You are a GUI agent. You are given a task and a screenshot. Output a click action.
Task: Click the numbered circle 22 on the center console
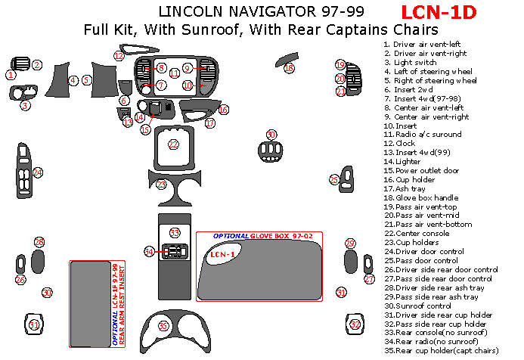tap(173, 144)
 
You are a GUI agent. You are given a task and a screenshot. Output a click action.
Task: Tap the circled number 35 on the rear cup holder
tap(163, 325)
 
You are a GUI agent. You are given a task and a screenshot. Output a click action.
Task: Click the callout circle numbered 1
tap(11, 75)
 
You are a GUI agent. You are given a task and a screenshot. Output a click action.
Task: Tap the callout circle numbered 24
tap(37, 172)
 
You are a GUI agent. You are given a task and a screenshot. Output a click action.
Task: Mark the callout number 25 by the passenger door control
tap(334, 180)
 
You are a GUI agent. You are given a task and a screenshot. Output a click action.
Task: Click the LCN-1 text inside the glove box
tap(222, 254)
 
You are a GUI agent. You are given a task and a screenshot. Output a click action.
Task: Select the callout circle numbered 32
tap(355, 324)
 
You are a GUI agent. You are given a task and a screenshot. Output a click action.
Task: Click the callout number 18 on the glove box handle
tap(289, 68)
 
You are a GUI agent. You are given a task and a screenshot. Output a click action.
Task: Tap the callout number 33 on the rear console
tap(175, 233)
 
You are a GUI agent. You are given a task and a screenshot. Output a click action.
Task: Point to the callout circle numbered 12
tap(119, 55)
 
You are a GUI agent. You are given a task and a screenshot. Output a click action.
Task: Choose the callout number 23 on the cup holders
tap(161, 185)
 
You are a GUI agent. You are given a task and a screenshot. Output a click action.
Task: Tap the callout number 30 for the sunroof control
tap(47, 293)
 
